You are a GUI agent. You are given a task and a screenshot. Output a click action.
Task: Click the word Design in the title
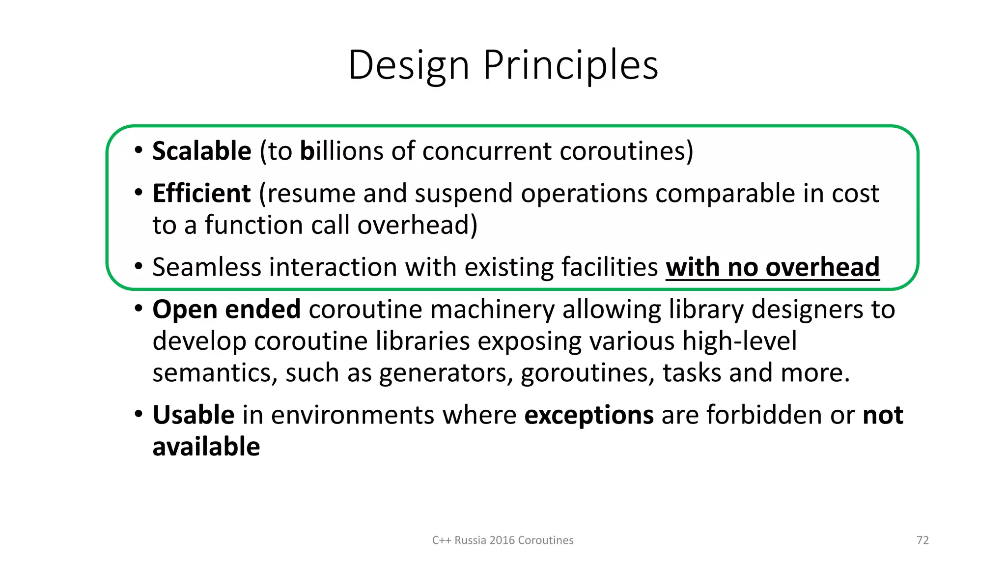pyautogui.click(x=409, y=65)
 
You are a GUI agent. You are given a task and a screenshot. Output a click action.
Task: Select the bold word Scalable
pyautogui.click(x=202, y=151)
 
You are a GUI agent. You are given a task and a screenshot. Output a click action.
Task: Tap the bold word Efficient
pyautogui.click(x=201, y=193)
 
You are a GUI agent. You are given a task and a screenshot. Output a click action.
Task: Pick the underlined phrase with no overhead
pyautogui.click(x=772, y=267)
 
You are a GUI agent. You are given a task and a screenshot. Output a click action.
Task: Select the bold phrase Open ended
pyautogui.click(x=226, y=310)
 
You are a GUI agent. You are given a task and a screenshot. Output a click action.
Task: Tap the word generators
pyautogui.click(x=443, y=373)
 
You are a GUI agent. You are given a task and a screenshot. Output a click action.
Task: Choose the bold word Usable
pyautogui.click(x=194, y=415)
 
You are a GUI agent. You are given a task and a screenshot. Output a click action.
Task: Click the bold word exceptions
pyautogui.click(x=589, y=415)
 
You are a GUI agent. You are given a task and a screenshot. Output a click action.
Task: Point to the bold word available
pyautogui.click(x=206, y=447)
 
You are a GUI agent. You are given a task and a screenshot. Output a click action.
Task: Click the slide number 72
pyautogui.click(x=922, y=540)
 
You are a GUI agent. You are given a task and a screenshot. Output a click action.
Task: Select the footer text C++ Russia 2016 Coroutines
pyautogui.click(x=503, y=540)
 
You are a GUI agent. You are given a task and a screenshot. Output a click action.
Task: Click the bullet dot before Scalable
pyautogui.click(x=139, y=150)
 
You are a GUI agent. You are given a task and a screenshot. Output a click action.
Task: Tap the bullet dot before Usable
pyautogui.click(x=139, y=414)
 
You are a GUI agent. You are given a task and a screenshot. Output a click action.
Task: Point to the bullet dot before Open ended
pyautogui.click(x=139, y=309)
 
